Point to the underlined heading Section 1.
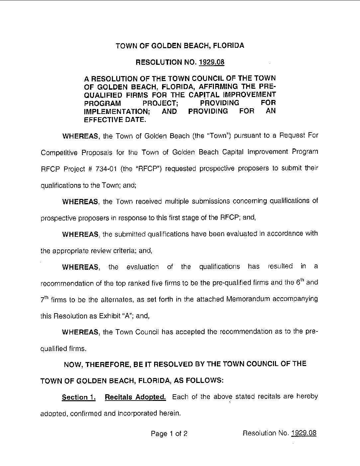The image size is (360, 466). click(x=79, y=397)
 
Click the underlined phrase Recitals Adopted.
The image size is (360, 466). click(x=135, y=397)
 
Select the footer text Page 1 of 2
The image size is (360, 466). click(x=169, y=433)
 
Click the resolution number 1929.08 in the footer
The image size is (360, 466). click(x=303, y=433)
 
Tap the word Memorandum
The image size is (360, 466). click(x=248, y=299)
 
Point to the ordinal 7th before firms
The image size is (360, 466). click(x=45, y=299)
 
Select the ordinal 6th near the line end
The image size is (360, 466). click(x=300, y=283)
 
